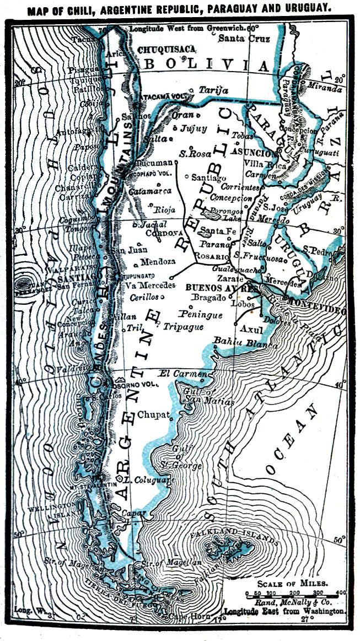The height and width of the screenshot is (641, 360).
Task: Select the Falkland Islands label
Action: click(x=234, y=536)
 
